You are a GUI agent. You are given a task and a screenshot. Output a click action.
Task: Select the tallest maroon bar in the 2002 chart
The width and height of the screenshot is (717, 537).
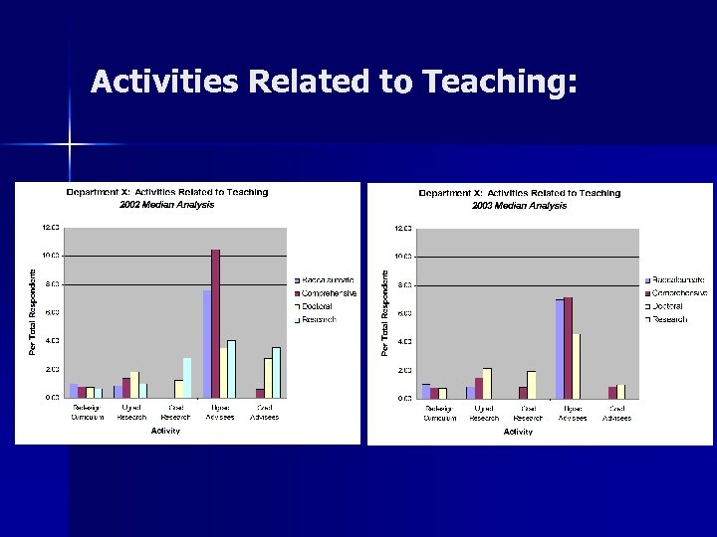(215, 323)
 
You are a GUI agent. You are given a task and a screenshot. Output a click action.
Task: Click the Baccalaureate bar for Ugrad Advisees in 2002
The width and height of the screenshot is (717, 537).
(207, 343)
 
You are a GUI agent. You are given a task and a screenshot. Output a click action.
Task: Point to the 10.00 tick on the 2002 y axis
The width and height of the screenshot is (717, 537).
(50, 256)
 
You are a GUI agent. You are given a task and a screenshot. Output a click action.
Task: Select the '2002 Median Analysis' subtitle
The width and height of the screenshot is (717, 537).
(166, 204)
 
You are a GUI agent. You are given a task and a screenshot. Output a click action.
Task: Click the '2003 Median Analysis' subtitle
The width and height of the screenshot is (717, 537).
(519, 205)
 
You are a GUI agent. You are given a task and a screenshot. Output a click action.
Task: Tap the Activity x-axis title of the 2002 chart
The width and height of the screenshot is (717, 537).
(165, 431)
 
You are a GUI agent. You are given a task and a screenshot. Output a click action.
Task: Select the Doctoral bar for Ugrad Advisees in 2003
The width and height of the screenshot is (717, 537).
(576, 365)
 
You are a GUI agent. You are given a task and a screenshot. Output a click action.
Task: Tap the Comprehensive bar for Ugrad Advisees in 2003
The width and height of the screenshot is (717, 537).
(568, 347)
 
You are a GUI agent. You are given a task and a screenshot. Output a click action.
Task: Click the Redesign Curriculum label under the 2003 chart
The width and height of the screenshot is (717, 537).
(439, 414)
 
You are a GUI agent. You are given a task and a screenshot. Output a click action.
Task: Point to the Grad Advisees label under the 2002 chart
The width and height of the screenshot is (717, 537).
(264, 413)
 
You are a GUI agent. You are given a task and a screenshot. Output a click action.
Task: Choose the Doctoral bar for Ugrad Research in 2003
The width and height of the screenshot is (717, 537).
(487, 383)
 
